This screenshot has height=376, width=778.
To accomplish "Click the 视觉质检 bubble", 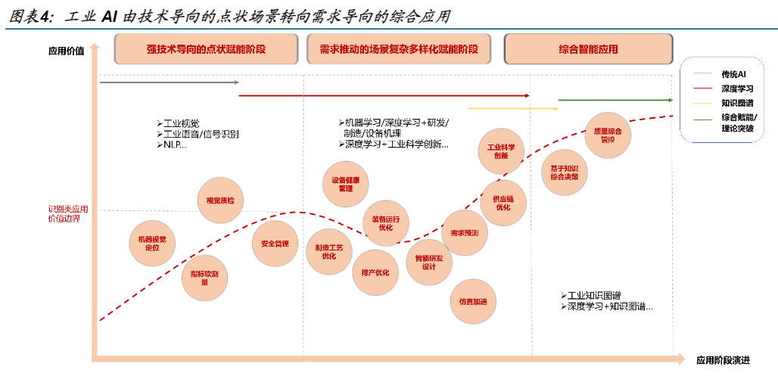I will [x=220, y=200].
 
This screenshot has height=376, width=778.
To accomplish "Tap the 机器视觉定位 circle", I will [x=152, y=244].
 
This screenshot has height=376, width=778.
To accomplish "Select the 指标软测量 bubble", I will [x=204, y=277].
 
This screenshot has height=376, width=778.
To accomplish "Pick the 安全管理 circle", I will [x=275, y=244].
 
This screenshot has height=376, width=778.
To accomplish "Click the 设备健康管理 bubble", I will [x=346, y=184].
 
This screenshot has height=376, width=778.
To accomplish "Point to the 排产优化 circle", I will [x=375, y=272].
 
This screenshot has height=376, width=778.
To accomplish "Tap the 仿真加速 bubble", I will [x=473, y=301].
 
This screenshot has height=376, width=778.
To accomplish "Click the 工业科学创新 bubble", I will [x=501, y=151].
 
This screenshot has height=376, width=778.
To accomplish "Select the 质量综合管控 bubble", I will [x=608, y=135].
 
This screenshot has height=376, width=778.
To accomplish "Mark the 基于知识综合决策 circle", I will [x=565, y=172].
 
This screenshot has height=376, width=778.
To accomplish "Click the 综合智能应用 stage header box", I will [x=588, y=49].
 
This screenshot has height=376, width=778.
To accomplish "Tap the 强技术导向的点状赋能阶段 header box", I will [x=206, y=49].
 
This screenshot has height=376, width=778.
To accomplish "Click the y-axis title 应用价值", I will [x=66, y=51].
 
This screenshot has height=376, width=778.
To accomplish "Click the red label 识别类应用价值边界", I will [x=67, y=213].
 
